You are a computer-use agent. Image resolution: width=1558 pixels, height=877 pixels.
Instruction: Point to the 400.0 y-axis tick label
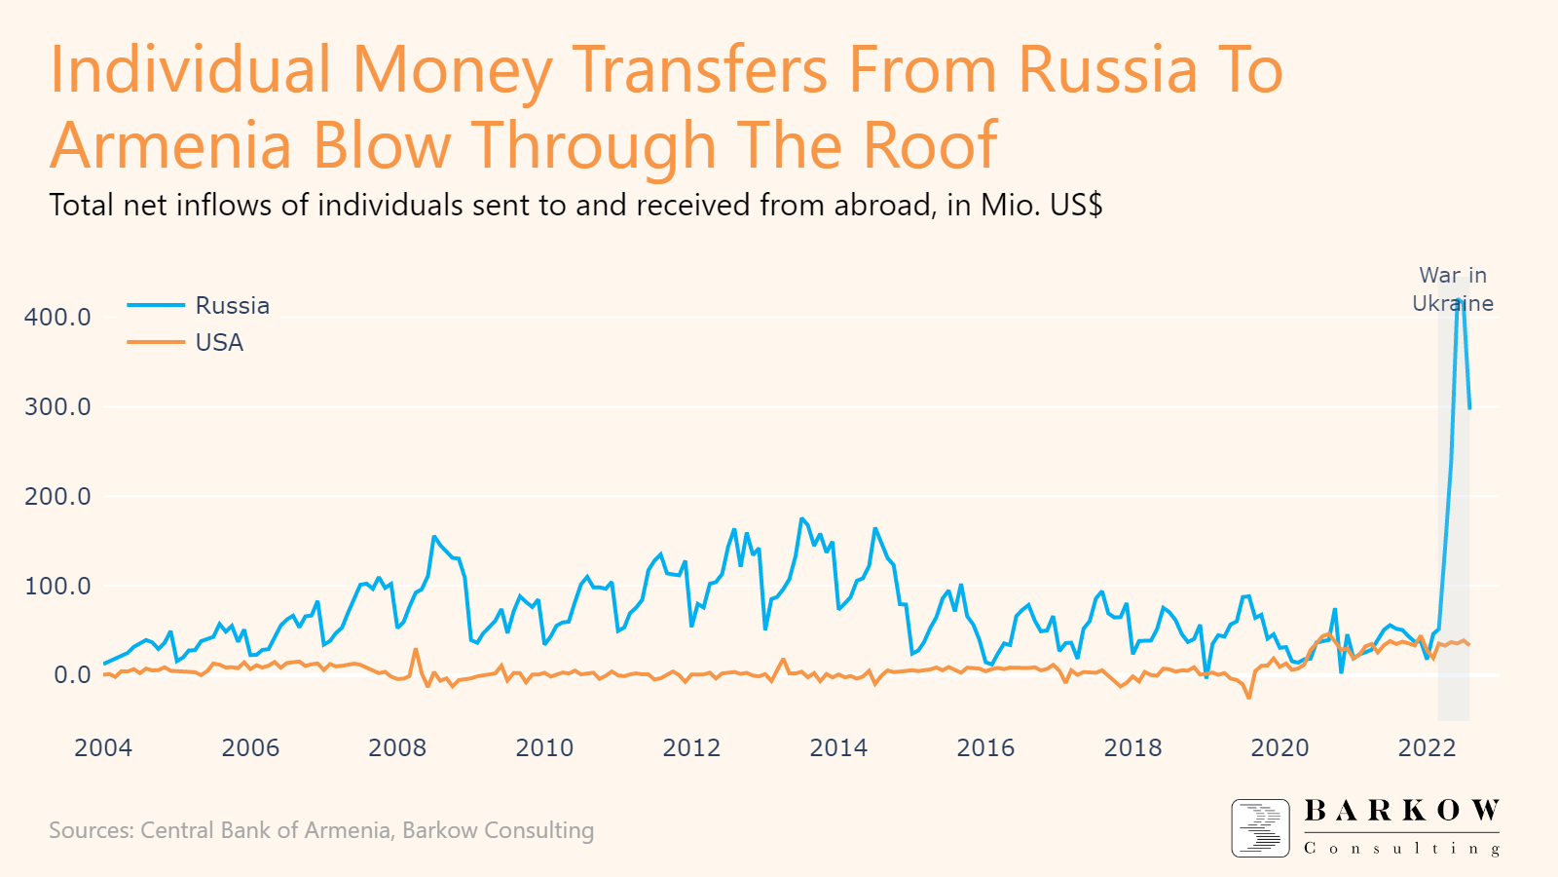point(57,318)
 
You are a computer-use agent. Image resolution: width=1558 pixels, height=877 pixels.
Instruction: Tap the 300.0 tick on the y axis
point(57,407)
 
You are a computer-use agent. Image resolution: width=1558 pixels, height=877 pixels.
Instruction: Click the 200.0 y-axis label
point(57,497)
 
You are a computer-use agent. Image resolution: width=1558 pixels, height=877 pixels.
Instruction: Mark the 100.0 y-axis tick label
point(57,587)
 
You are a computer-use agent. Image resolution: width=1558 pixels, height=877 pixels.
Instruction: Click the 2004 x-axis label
point(103,748)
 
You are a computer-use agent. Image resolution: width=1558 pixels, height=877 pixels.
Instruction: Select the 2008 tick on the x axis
point(397,748)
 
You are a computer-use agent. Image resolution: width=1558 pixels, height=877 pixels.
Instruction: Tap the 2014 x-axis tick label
point(838,748)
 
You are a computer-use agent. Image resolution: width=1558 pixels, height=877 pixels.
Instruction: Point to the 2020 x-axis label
point(1280,748)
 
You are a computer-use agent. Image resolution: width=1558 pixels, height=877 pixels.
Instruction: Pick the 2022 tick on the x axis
point(1427,748)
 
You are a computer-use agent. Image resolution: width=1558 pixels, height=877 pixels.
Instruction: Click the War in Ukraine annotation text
point(1452,289)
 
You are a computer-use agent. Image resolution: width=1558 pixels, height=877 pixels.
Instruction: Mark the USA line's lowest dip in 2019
point(1248,697)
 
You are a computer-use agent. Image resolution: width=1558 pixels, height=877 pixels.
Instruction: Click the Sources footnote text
point(321,830)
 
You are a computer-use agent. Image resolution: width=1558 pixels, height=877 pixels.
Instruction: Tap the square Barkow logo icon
point(1260,828)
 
